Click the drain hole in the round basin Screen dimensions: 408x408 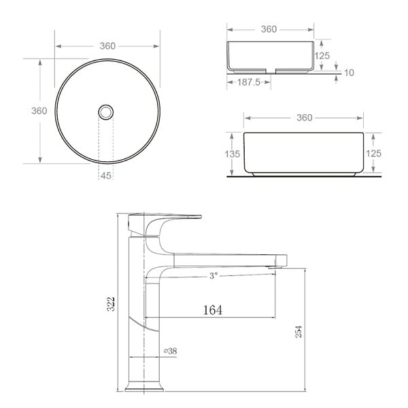tap(106, 112)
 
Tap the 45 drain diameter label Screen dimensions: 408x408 tap(106, 176)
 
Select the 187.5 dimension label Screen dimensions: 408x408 tap(249, 82)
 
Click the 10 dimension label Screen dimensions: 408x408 tap(350, 73)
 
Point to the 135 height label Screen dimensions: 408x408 tap(232, 154)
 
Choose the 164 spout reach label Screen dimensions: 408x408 tap(213, 310)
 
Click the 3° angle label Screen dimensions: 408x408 tap(214, 275)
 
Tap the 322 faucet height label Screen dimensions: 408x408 tap(111, 304)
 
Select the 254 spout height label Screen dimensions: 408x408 tap(299, 332)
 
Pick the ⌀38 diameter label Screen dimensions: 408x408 tap(170, 351)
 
